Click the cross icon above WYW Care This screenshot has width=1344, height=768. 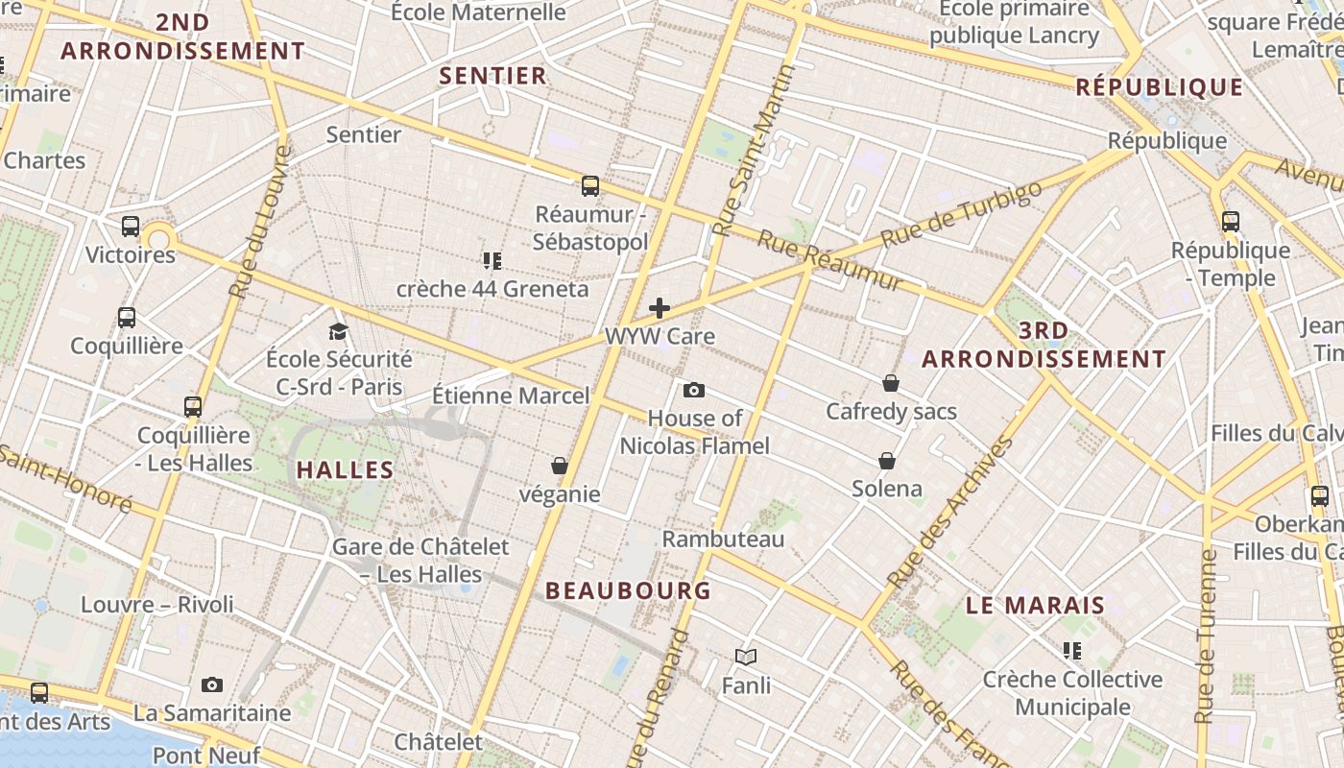[660, 308]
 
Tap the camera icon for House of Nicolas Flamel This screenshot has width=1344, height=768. [693, 390]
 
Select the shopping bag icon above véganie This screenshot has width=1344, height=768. [560, 466]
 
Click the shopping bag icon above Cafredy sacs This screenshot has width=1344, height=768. [891, 383]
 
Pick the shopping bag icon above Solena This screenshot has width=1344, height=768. [887, 461]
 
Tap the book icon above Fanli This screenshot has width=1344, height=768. [746, 657]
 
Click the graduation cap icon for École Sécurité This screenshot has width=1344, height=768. [338, 331]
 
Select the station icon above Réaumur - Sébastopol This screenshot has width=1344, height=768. [590, 186]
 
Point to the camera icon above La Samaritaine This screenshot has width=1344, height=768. [212, 684]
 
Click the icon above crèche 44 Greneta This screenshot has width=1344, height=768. [492, 260]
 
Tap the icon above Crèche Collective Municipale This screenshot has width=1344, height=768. [1072, 651]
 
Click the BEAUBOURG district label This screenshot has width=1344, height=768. [629, 591]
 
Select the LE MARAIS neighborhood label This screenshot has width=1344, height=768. [1036, 606]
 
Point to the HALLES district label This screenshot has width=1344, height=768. [345, 470]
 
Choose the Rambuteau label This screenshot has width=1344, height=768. [723, 539]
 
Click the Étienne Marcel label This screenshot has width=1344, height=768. [511, 396]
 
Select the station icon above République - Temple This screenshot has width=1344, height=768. [1231, 222]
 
